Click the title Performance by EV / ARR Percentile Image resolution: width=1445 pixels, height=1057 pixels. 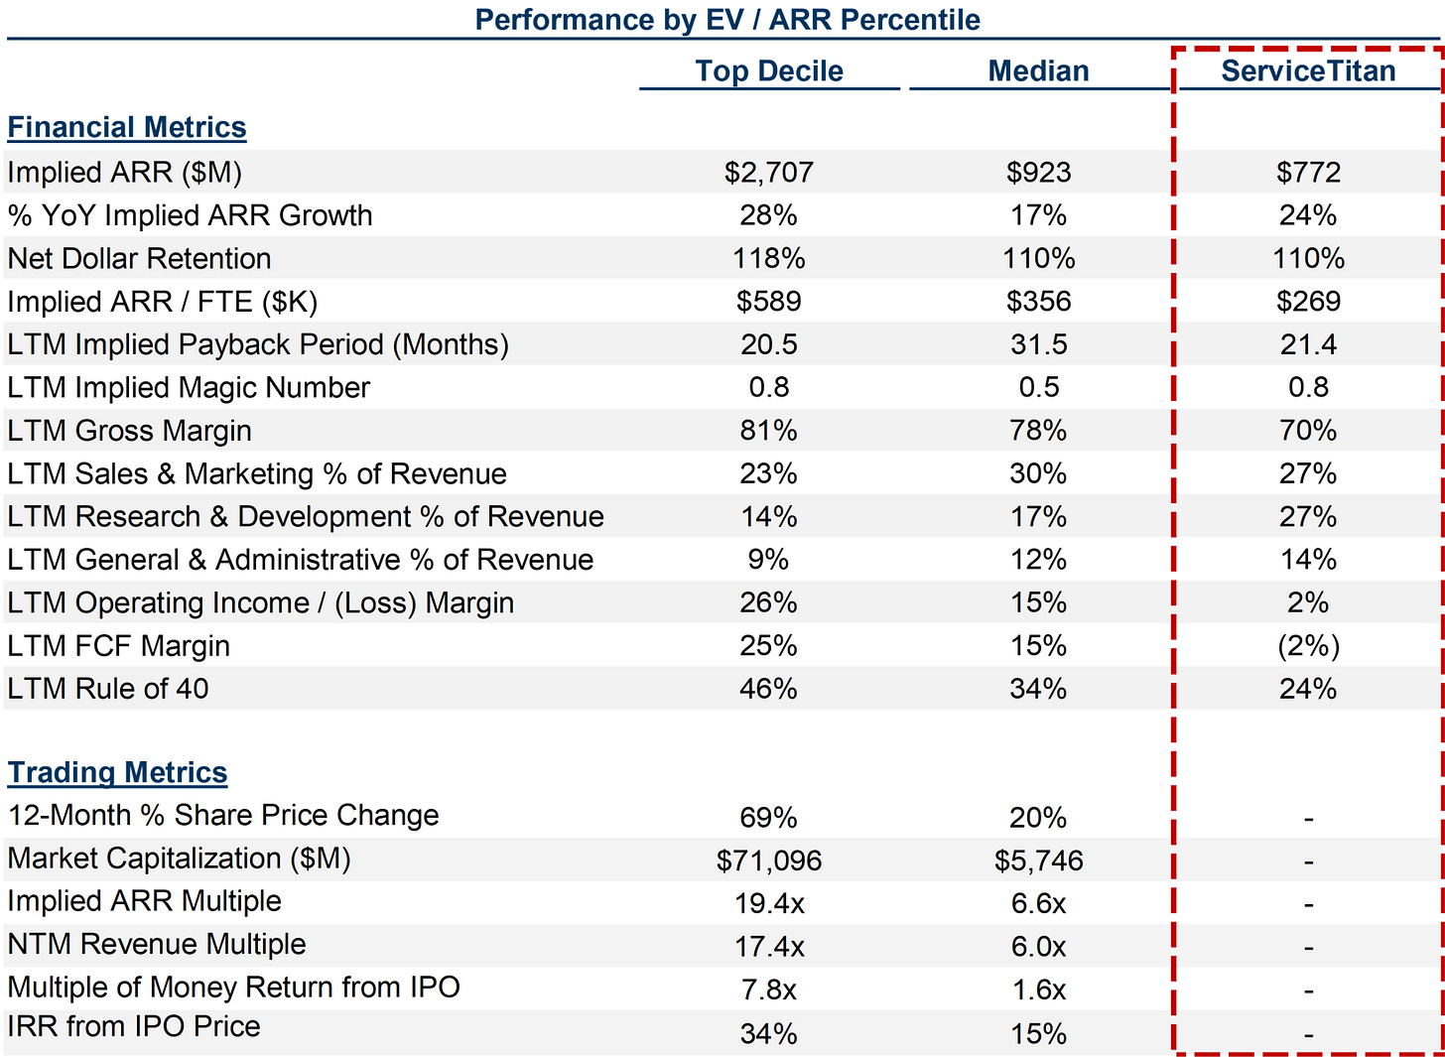pos(726,20)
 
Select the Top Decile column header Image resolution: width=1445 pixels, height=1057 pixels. pos(768,71)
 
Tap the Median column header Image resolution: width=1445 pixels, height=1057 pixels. pos(1038,71)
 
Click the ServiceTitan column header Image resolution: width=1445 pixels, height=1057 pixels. pos(1307,71)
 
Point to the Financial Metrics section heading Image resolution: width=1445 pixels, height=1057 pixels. pos(127,128)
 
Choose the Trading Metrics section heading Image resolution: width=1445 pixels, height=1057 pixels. pos(117,773)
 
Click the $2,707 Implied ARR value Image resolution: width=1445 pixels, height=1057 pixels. pos(768,173)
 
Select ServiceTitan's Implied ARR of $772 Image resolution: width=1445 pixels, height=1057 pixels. pos(1308,173)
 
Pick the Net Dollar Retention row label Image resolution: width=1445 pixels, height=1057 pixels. pos(139,259)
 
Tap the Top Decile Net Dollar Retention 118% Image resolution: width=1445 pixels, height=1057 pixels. pos(768,259)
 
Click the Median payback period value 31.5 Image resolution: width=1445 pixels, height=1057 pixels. pos(1038,345)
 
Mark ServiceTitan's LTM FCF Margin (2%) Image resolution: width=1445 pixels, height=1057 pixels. pos(1308,647)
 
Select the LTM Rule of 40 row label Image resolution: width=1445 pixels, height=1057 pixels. pos(108,690)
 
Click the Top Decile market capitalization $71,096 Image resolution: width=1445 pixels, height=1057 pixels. pos(768,861)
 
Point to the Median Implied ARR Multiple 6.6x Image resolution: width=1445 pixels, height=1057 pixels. pos(1038,904)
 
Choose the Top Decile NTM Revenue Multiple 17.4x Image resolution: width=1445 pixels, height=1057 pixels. pos(768,948)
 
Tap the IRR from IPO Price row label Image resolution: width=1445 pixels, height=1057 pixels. pos(134,1027)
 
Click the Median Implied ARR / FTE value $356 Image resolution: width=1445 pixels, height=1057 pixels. pos(1038,302)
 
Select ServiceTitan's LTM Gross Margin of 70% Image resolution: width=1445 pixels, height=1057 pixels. pos(1308,431)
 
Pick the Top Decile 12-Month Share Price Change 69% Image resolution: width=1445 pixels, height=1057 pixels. pos(768,818)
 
